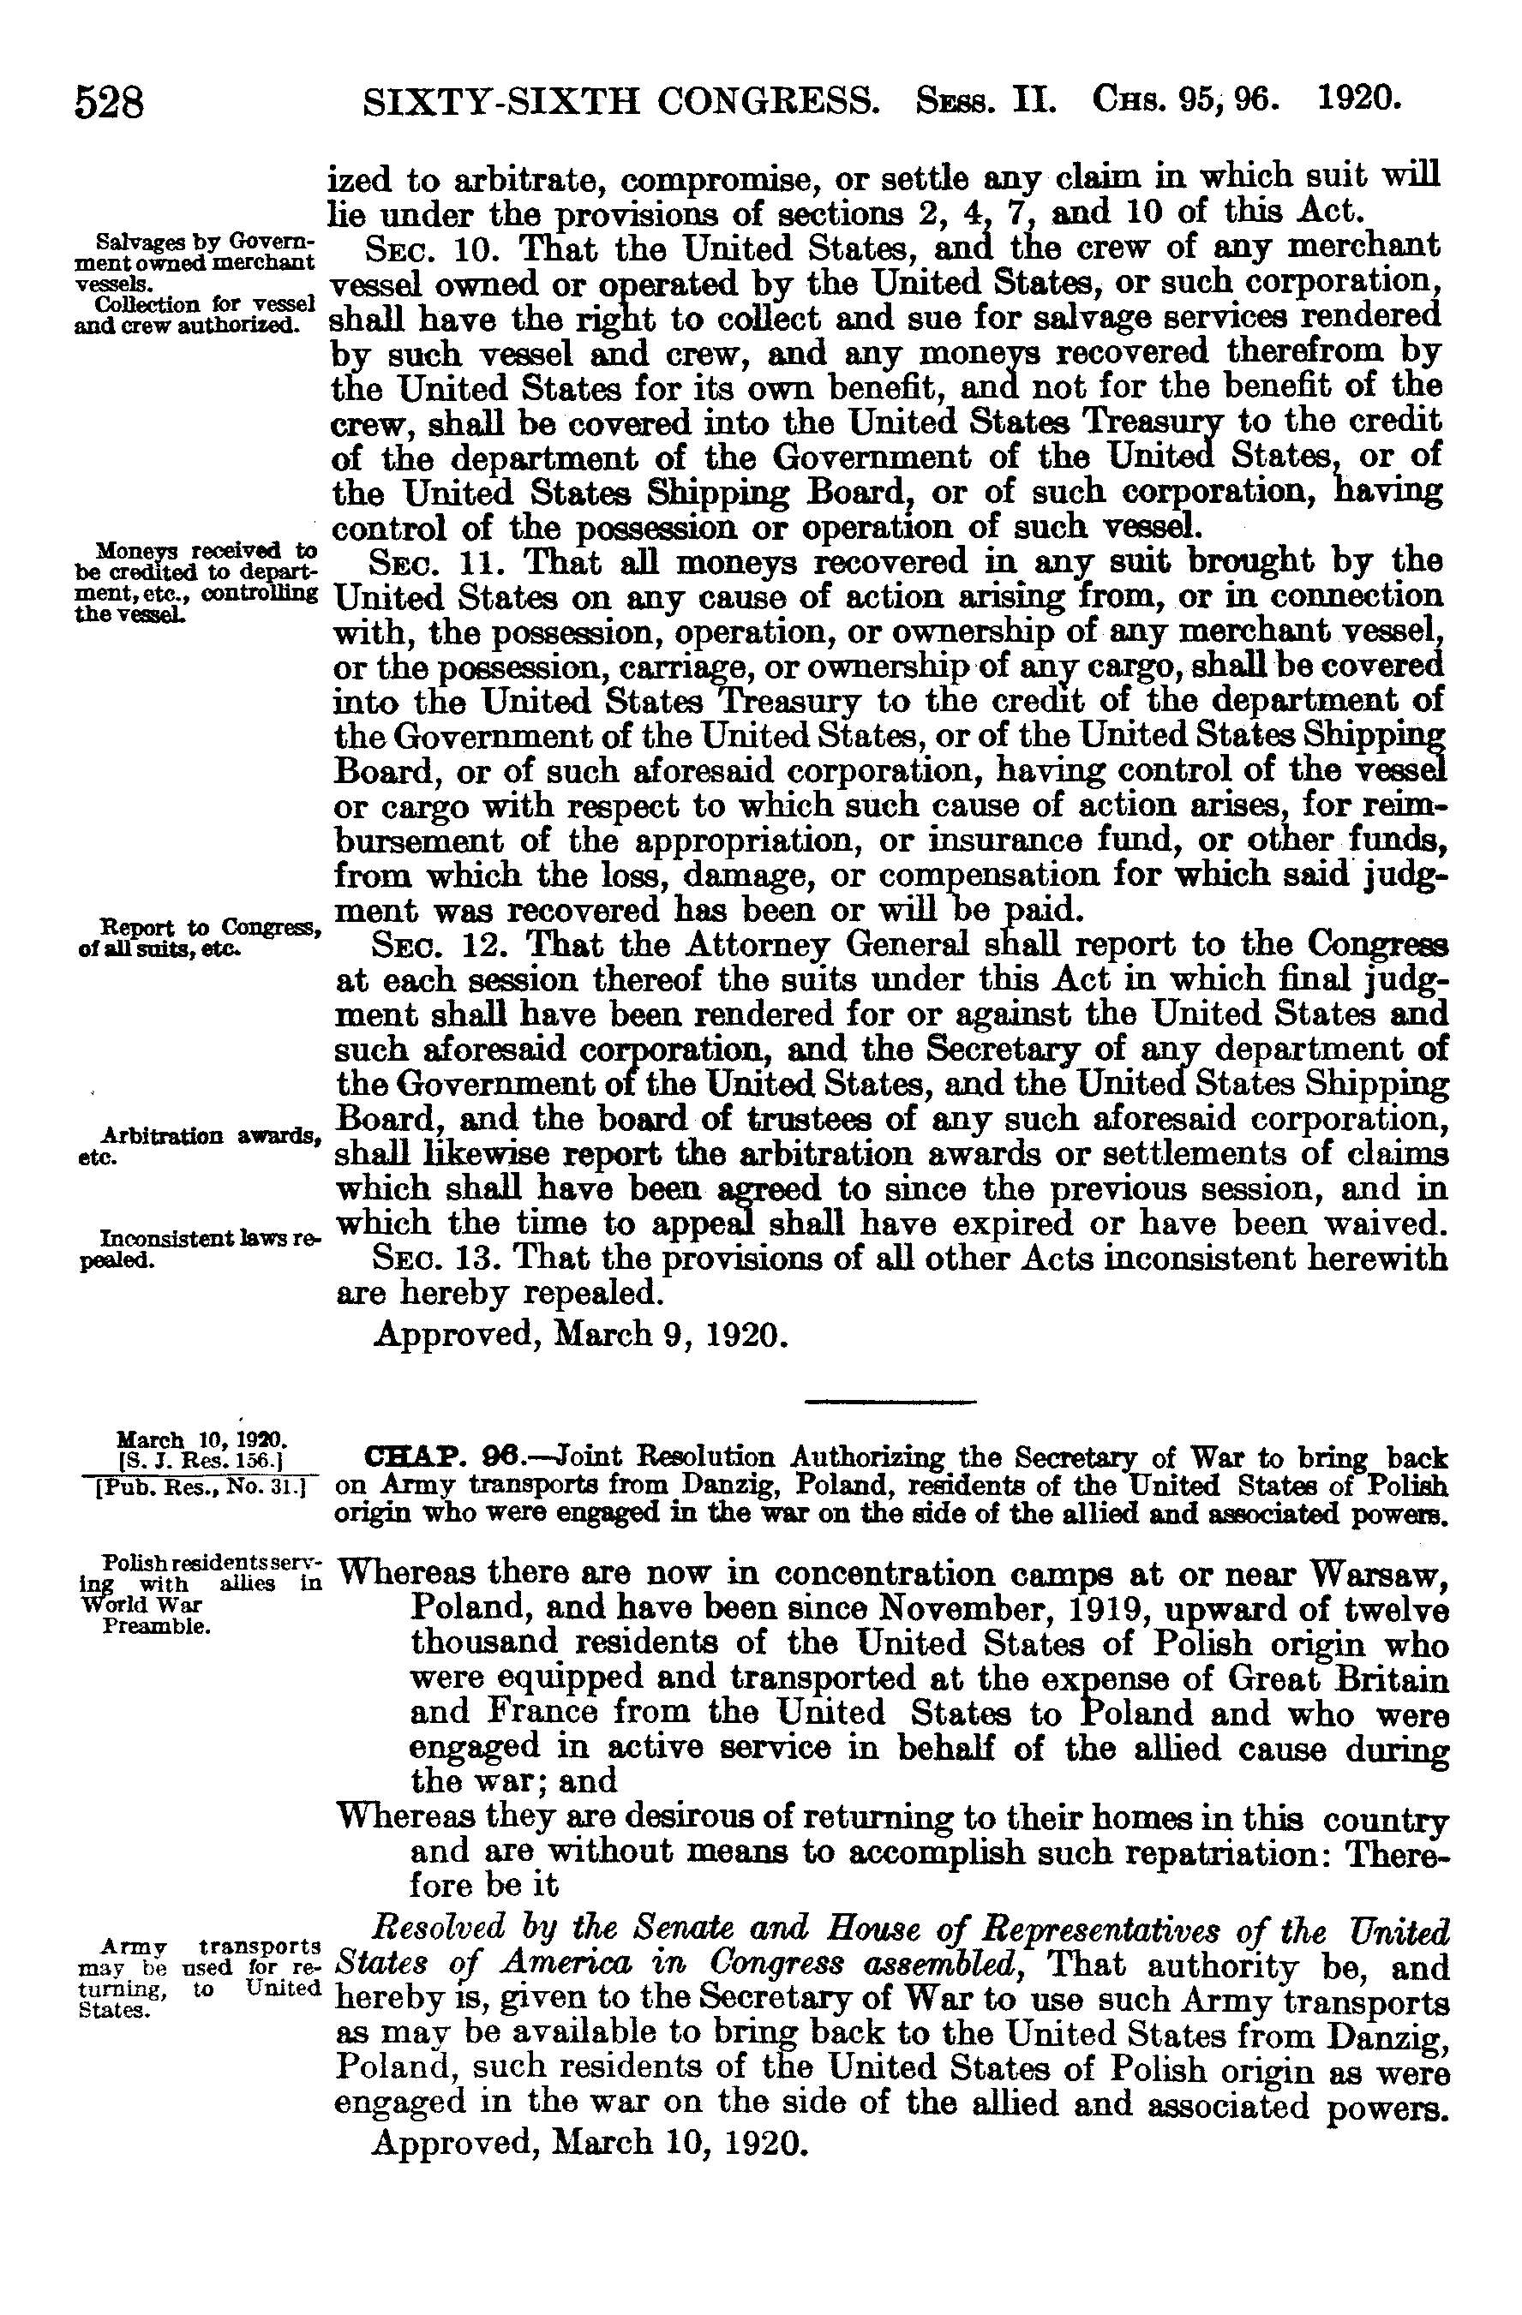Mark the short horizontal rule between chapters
(890, 1402)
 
